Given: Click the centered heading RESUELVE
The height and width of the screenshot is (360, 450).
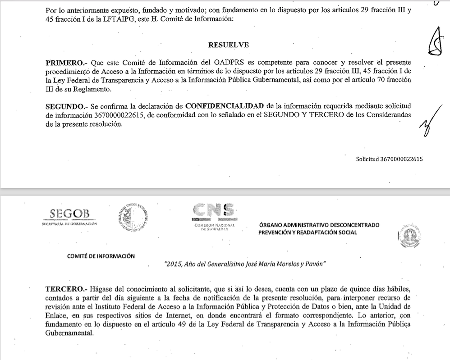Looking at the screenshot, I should (x=228, y=45).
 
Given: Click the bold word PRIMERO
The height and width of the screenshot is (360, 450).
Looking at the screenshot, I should (x=65, y=63).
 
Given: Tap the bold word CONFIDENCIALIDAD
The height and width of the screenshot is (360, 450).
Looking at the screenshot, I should (x=225, y=106).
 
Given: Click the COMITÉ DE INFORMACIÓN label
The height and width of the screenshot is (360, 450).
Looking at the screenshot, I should (x=101, y=256).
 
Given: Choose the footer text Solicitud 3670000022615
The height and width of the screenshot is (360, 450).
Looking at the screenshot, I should (x=389, y=159).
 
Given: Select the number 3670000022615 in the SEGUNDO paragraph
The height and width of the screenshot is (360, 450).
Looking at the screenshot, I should (x=119, y=115).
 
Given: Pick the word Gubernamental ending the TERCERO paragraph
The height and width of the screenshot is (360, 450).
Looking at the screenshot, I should (x=69, y=334).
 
